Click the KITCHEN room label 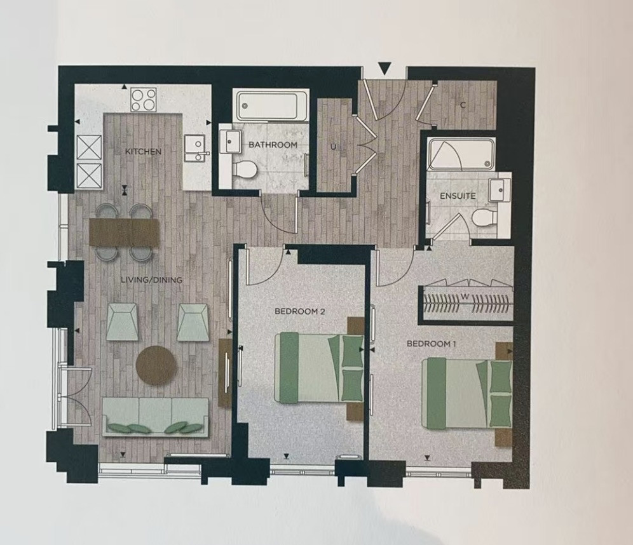[x=143, y=152]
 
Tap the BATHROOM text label [x=273, y=145]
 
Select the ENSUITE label [x=458, y=196]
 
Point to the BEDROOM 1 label [x=431, y=344]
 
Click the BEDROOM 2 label [x=300, y=311]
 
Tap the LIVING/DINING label [x=152, y=279]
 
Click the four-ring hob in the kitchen [x=144, y=99]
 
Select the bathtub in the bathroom [x=271, y=105]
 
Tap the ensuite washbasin [x=500, y=189]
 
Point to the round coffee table [x=156, y=365]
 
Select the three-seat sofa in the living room [x=156, y=417]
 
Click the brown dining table [x=125, y=232]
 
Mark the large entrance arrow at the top [x=385, y=69]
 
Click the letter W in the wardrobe [x=465, y=297]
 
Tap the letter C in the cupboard [x=463, y=105]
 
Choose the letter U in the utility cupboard [x=333, y=147]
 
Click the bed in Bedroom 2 [x=319, y=368]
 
